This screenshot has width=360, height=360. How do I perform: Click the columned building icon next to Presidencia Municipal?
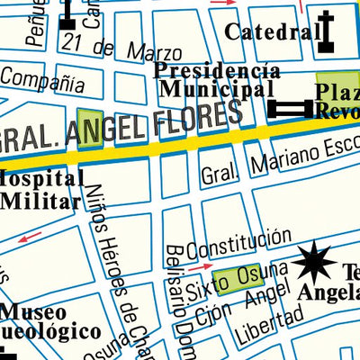[289, 109]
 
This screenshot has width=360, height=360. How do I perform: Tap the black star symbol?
[317, 262]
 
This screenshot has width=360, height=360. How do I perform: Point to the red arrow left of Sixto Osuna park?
[199, 266]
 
